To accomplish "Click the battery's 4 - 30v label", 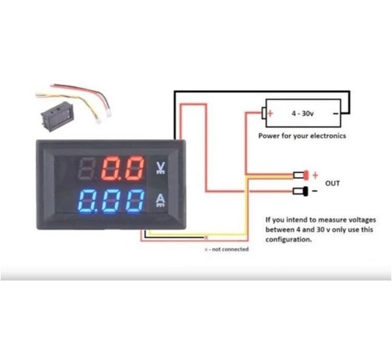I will click(302, 113).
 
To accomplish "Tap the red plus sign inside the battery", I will click(269, 113).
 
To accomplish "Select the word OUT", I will click(333, 184).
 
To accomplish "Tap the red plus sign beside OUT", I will click(315, 175).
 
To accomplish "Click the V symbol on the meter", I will click(161, 168).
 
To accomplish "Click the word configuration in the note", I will click(288, 240).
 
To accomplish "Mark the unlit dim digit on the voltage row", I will click(88, 169).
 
